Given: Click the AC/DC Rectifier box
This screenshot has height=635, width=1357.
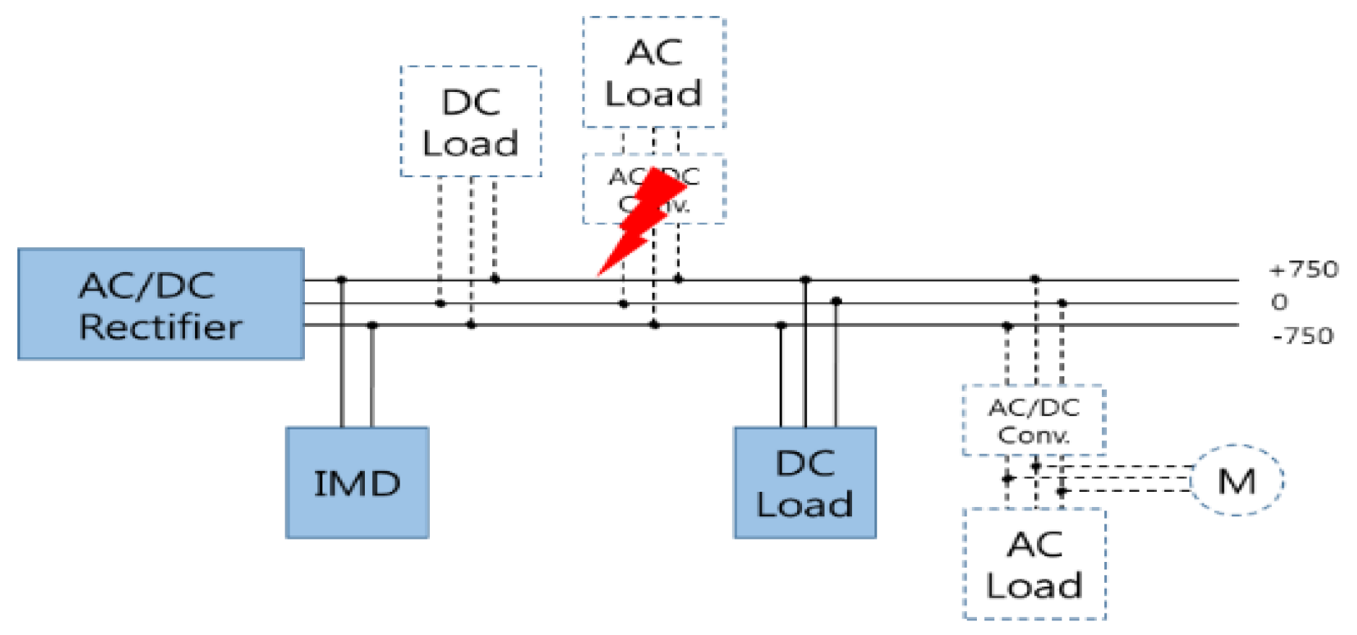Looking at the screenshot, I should pyautogui.click(x=160, y=304).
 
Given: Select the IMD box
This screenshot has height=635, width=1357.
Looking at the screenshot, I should pyautogui.click(x=357, y=482).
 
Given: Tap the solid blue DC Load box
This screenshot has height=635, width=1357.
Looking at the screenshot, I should pyautogui.click(x=804, y=482).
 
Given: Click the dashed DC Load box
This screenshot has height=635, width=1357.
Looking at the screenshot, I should pyautogui.click(x=470, y=122).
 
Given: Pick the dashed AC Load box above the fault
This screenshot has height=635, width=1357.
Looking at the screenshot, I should pyautogui.click(x=654, y=72).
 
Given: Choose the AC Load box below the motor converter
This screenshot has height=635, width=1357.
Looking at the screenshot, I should pyautogui.click(x=1034, y=564).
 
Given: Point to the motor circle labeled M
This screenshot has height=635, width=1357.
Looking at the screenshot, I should pyautogui.click(x=1236, y=480).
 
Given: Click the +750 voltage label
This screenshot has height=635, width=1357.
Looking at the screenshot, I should pyautogui.click(x=1304, y=270).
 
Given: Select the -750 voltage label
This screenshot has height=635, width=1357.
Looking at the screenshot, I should pyautogui.click(x=1303, y=336).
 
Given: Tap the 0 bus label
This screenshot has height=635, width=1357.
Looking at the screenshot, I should pyautogui.click(x=1279, y=302).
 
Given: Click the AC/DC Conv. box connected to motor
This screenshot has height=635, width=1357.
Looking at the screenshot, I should pyautogui.click(x=1034, y=420).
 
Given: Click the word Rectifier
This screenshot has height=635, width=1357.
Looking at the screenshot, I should pyautogui.click(x=160, y=327).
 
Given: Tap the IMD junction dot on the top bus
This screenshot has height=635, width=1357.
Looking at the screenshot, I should pyautogui.click(x=342, y=279).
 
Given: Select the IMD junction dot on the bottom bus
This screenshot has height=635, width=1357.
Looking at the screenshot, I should pyautogui.click(x=372, y=325).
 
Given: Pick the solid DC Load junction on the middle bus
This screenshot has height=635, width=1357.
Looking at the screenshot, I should pyautogui.click(x=836, y=301).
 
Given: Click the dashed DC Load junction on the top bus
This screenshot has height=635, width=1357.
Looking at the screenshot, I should pyautogui.click(x=495, y=278).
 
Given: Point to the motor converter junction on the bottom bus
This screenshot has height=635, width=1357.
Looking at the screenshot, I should pyautogui.click(x=1007, y=326).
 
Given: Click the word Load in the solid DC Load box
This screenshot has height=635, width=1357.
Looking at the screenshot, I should pyautogui.click(x=804, y=505).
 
